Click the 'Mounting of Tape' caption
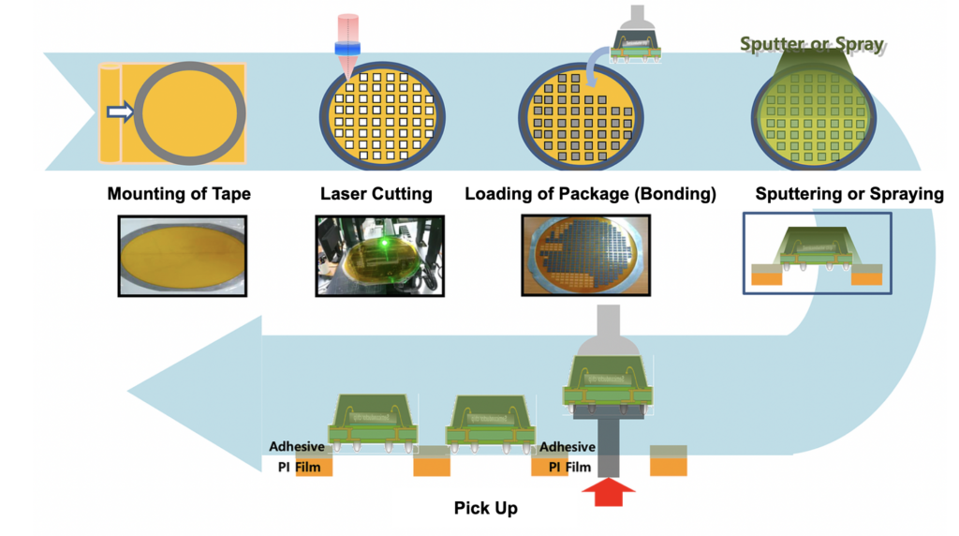point(179,194)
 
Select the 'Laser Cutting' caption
point(376,194)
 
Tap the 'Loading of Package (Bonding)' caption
point(590,194)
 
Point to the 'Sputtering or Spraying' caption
point(849,194)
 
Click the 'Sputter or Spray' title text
point(812,44)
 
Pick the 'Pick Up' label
point(485,508)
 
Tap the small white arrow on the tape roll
point(121,113)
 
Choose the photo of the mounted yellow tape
point(183,256)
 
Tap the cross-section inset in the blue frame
point(817,253)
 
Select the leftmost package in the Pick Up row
point(370,422)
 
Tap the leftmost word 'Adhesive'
point(297,447)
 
